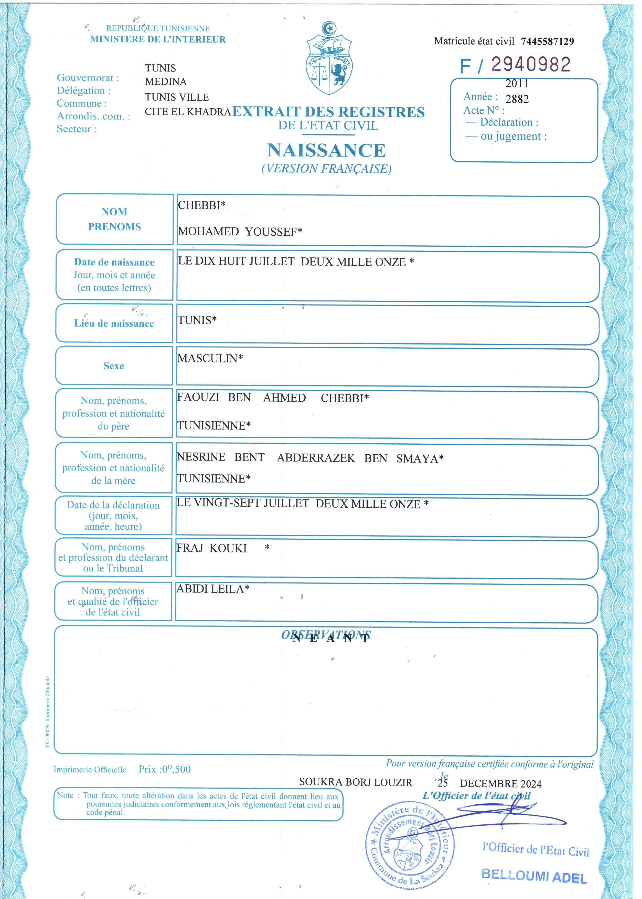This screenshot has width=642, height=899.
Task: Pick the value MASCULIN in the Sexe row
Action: pos(210,358)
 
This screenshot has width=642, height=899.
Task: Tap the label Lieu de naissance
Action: pos(114,323)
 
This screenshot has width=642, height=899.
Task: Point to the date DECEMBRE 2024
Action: pos(500,783)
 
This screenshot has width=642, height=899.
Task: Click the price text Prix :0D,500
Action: pos(164,769)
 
